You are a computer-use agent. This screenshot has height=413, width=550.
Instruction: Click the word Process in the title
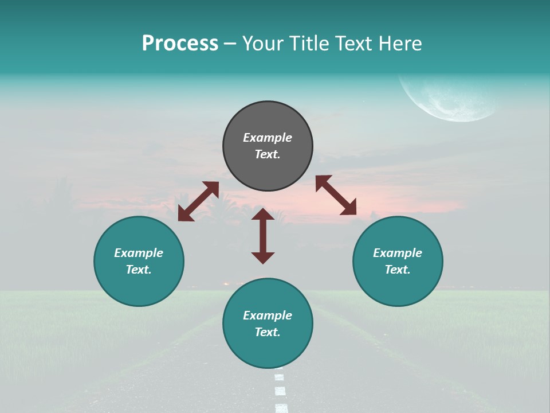coord(180,44)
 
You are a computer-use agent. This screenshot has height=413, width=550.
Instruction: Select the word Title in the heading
coord(308,44)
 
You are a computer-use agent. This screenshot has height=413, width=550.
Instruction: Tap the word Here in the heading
coord(401,44)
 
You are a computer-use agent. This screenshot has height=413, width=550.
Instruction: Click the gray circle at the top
coord(268,120)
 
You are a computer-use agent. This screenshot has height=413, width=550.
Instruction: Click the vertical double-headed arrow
coord(263,236)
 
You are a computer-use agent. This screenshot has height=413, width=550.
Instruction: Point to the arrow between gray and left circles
coord(198,201)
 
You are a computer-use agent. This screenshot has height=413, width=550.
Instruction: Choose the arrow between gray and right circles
coord(336,195)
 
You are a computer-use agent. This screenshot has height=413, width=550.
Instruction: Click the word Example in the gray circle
coord(268,138)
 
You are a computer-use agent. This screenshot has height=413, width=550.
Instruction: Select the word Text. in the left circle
coord(139,270)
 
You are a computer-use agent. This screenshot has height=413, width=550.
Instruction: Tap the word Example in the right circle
coord(398,253)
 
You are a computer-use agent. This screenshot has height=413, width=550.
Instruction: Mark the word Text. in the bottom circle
coord(268,332)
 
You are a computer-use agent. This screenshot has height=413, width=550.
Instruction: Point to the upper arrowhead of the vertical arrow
coord(263,215)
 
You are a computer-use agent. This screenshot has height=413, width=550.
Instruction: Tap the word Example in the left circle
coord(139,253)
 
